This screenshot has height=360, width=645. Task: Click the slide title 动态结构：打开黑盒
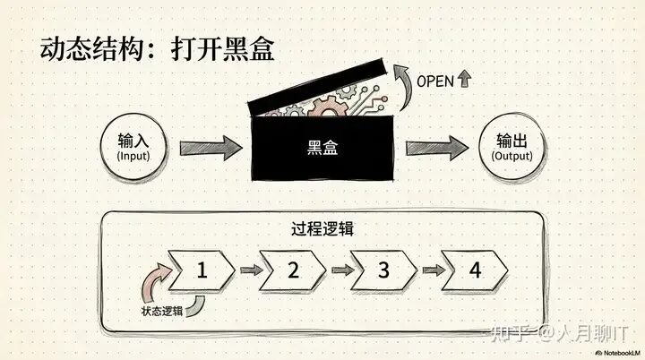(157, 49)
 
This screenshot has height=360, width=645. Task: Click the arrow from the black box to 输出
(437, 148)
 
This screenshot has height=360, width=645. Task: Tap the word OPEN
(435, 81)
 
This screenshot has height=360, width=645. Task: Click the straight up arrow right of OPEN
(463, 80)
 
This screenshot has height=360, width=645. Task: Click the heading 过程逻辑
(322, 227)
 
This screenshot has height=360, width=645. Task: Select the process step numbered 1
(202, 270)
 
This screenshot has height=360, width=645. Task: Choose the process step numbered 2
(292, 270)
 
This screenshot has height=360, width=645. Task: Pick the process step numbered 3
(383, 270)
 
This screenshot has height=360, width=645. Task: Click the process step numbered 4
(474, 270)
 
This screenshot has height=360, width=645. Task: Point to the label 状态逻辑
(162, 310)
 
